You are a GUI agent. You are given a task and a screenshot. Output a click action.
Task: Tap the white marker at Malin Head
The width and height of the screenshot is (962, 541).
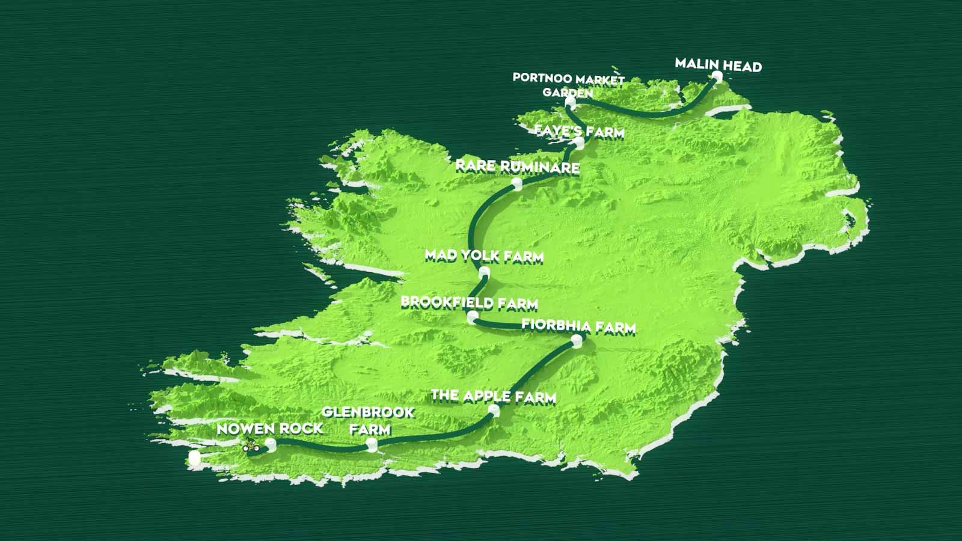click(x=716, y=76)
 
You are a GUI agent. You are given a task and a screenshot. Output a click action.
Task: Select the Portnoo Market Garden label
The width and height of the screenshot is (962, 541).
click(x=568, y=85)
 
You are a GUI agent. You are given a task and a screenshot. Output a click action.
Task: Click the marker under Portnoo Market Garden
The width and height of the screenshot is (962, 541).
click(x=570, y=104)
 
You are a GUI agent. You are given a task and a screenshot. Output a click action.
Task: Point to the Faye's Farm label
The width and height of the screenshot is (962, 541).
click(x=579, y=131)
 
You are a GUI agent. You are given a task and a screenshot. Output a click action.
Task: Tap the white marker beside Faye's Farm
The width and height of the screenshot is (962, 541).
click(x=578, y=142)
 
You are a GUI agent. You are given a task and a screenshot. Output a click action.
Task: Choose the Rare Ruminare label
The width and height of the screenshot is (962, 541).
click(x=517, y=166)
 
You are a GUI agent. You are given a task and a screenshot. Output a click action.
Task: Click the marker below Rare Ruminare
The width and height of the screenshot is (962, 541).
click(x=516, y=183)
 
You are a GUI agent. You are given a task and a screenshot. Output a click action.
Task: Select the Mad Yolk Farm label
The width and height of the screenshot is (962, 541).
click(x=484, y=255)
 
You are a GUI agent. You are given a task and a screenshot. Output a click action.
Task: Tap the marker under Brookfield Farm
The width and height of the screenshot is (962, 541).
click(x=473, y=317)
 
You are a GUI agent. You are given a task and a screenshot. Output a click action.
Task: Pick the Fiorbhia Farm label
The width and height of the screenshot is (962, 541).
click(x=578, y=326)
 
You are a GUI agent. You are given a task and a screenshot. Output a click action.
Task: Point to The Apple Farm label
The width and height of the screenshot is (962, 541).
click(x=493, y=396)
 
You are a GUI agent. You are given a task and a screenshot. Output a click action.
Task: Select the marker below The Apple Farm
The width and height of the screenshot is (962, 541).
click(x=494, y=411)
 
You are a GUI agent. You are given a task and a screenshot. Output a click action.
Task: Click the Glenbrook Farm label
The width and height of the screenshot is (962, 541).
click(x=368, y=420)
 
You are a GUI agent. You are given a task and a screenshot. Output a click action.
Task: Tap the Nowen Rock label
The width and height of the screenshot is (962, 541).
click(x=269, y=428)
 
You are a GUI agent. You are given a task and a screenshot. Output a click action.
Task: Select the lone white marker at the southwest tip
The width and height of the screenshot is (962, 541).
click(x=194, y=459)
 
